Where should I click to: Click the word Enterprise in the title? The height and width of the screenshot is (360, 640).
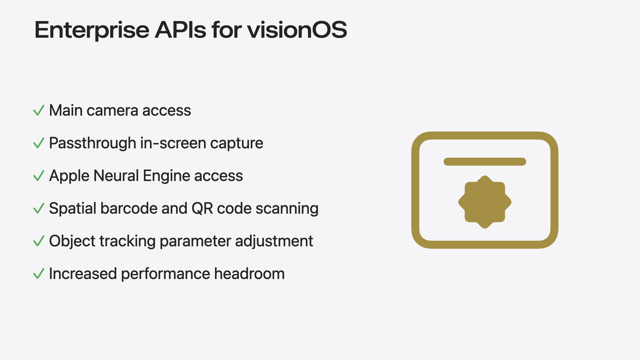92,31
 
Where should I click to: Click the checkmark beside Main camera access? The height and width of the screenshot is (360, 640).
39,110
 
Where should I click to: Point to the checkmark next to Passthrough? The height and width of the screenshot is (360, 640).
39,143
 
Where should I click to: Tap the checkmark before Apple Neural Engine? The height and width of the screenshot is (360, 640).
39,176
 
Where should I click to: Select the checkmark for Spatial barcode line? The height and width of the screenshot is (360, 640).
39,208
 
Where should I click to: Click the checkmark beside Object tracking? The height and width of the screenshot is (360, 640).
39,241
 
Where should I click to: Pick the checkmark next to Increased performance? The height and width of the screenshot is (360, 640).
39,274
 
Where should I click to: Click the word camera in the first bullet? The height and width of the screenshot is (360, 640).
112,111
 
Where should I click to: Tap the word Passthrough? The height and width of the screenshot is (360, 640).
92,143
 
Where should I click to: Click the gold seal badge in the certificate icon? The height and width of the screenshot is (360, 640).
485,202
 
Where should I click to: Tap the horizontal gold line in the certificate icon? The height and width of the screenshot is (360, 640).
485,162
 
